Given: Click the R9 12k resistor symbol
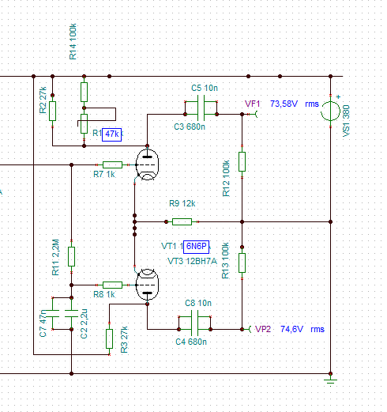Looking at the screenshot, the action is click(x=182, y=221).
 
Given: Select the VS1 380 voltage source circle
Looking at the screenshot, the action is click(x=330, y=112).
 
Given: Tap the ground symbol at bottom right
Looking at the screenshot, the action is click(x=331, y=381).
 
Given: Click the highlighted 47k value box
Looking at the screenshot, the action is click(x=112, y=134).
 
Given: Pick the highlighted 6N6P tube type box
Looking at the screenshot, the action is click(x=196, y=247).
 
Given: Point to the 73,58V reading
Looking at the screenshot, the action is click(x=284, y=104).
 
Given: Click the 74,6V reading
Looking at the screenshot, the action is click(x=291, y=329).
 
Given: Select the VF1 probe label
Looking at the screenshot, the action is click(x=252, y=104).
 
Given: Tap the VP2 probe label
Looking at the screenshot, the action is click(x=263, y=329).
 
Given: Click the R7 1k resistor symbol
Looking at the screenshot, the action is click(x=112, y=164).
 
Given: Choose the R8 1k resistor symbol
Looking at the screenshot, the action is click(x=112, y=285).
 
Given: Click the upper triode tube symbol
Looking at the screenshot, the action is click(x=147, y=164).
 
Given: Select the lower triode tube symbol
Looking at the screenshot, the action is click(x=147, y=285).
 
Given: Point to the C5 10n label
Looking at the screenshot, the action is click(x=205, y=88).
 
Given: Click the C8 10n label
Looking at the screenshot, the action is click(x=198, y=303).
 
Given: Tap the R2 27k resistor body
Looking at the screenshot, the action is click(x=52, y=111).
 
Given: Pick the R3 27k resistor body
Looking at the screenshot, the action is click(x=109, y=338).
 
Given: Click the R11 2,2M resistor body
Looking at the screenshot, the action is click(x=71, y=256).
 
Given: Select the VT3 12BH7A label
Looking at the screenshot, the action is click(x=192, y=261).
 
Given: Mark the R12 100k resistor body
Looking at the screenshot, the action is click(x=242, y=161).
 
